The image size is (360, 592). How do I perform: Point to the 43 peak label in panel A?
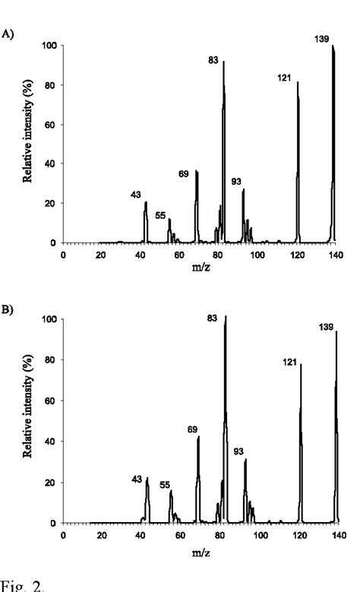pyautogui.click(x=136, y=195)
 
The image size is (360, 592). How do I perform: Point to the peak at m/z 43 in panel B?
pyautogui.click(x=147, y=502)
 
